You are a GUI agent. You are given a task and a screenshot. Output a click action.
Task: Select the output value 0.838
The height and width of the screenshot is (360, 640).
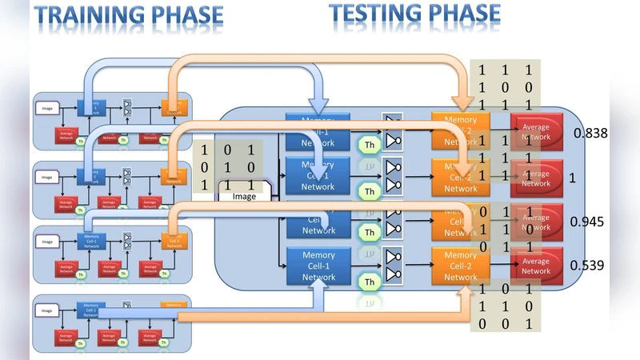click(590, 133)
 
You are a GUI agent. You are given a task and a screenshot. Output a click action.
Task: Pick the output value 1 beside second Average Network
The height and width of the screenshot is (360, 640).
click(572, 178)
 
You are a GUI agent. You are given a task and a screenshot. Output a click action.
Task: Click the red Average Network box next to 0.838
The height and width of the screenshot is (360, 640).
click(535, 132)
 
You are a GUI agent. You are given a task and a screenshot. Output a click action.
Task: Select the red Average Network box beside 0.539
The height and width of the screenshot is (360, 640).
click(535, 266)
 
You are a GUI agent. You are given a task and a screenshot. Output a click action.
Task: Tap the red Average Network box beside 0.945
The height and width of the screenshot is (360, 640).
click(535, 222)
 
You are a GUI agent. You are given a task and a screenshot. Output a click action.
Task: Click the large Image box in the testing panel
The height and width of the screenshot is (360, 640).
click(245, 196)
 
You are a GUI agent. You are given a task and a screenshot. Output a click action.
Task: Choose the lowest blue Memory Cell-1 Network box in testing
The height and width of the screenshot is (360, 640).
click(318, 266)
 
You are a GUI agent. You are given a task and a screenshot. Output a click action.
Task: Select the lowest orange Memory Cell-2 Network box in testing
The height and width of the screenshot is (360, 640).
click(460, 266)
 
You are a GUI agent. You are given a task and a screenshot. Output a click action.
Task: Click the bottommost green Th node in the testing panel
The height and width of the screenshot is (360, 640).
click(369, 282)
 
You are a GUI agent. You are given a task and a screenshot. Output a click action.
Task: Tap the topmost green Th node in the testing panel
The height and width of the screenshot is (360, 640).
click(369, 146)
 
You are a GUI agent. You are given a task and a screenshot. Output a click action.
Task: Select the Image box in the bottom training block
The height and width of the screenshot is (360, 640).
click(46, 310)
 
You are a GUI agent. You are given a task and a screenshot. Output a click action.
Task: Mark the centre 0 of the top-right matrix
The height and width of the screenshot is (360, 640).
click(505, 87)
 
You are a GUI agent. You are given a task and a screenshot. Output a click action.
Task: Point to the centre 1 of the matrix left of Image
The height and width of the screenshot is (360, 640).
click(228, 166)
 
